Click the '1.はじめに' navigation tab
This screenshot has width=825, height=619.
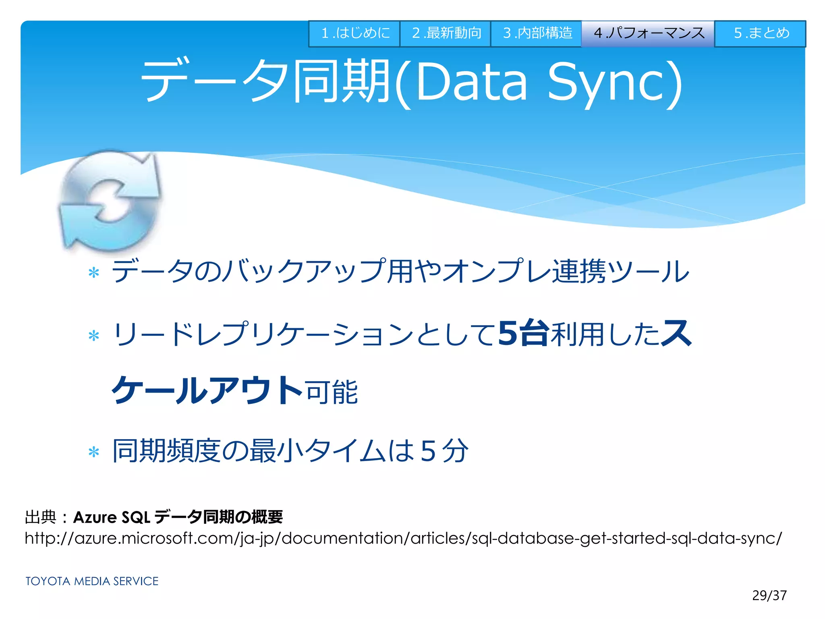point(354,33)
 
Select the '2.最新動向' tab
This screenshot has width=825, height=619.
point(445,33)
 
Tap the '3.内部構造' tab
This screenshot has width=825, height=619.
point(536,33)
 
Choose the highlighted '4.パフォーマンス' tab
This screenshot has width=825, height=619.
point(648,33)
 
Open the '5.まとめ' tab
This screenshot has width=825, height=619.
point(760,33)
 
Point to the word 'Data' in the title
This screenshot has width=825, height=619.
point(471,83)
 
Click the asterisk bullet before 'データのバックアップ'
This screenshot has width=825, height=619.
point(94,273)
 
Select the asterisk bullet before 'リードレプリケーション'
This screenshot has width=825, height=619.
point(94,335)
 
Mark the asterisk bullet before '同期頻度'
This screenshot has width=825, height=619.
point(94,452)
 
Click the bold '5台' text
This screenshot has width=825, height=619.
point(523,334)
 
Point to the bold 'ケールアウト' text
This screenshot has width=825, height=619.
point(207,390)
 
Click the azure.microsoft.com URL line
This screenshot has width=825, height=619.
point(403,538)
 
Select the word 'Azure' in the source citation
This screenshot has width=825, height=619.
point(95,517)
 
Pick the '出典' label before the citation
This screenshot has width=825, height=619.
point(40,517)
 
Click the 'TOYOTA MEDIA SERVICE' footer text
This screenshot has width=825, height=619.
point(92,581)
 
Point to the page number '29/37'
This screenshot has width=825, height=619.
point(769,596)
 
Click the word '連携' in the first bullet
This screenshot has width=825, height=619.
point(578,271)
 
